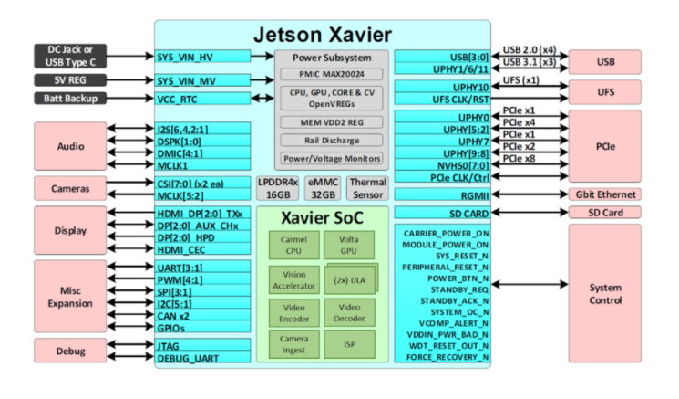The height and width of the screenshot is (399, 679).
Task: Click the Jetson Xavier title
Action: [x=323, y=35]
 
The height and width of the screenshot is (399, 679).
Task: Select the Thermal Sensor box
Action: [x=368, y=188]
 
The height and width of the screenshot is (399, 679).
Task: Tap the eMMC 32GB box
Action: [x=323, y=188]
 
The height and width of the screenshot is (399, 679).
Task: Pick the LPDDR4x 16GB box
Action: [x=276, y=188]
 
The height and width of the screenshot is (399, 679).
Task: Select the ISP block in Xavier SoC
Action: [x=343, y=345]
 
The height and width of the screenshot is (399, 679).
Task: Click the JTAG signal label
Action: [x=168, y=345]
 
